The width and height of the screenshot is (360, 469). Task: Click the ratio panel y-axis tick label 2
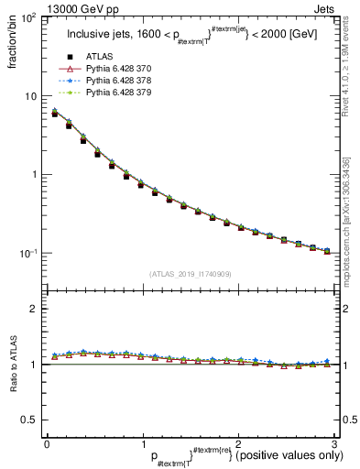point(35,309)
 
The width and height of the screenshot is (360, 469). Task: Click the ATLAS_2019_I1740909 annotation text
point(189,273)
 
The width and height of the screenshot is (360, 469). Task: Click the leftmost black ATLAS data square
point(55,114)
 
